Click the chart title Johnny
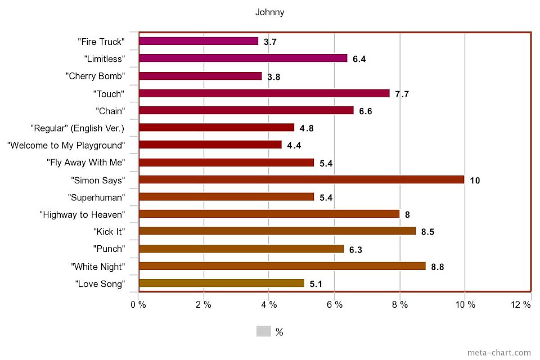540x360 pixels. point(270,12)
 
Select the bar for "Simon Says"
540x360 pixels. point(301,179)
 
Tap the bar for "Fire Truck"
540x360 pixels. point(198,41)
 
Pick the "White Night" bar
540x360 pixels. point(282,266)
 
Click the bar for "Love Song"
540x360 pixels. point(221,283)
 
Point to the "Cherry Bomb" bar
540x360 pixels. point(200,76)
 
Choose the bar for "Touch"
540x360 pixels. point(264,93)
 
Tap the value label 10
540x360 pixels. point(475,180)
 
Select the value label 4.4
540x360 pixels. point(294,145)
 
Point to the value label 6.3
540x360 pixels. point(355,249)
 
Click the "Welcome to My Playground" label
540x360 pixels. point(65,145)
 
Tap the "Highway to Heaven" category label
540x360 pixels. point(82,214)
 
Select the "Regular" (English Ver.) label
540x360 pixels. point(78,128)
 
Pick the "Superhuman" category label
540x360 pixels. point(96,197)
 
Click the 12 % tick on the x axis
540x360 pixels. point(521,304)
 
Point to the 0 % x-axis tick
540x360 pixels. point(138,304)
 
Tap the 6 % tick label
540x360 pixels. point(334,304)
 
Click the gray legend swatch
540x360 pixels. point(263,331)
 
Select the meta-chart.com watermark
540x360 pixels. point(499,353)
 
